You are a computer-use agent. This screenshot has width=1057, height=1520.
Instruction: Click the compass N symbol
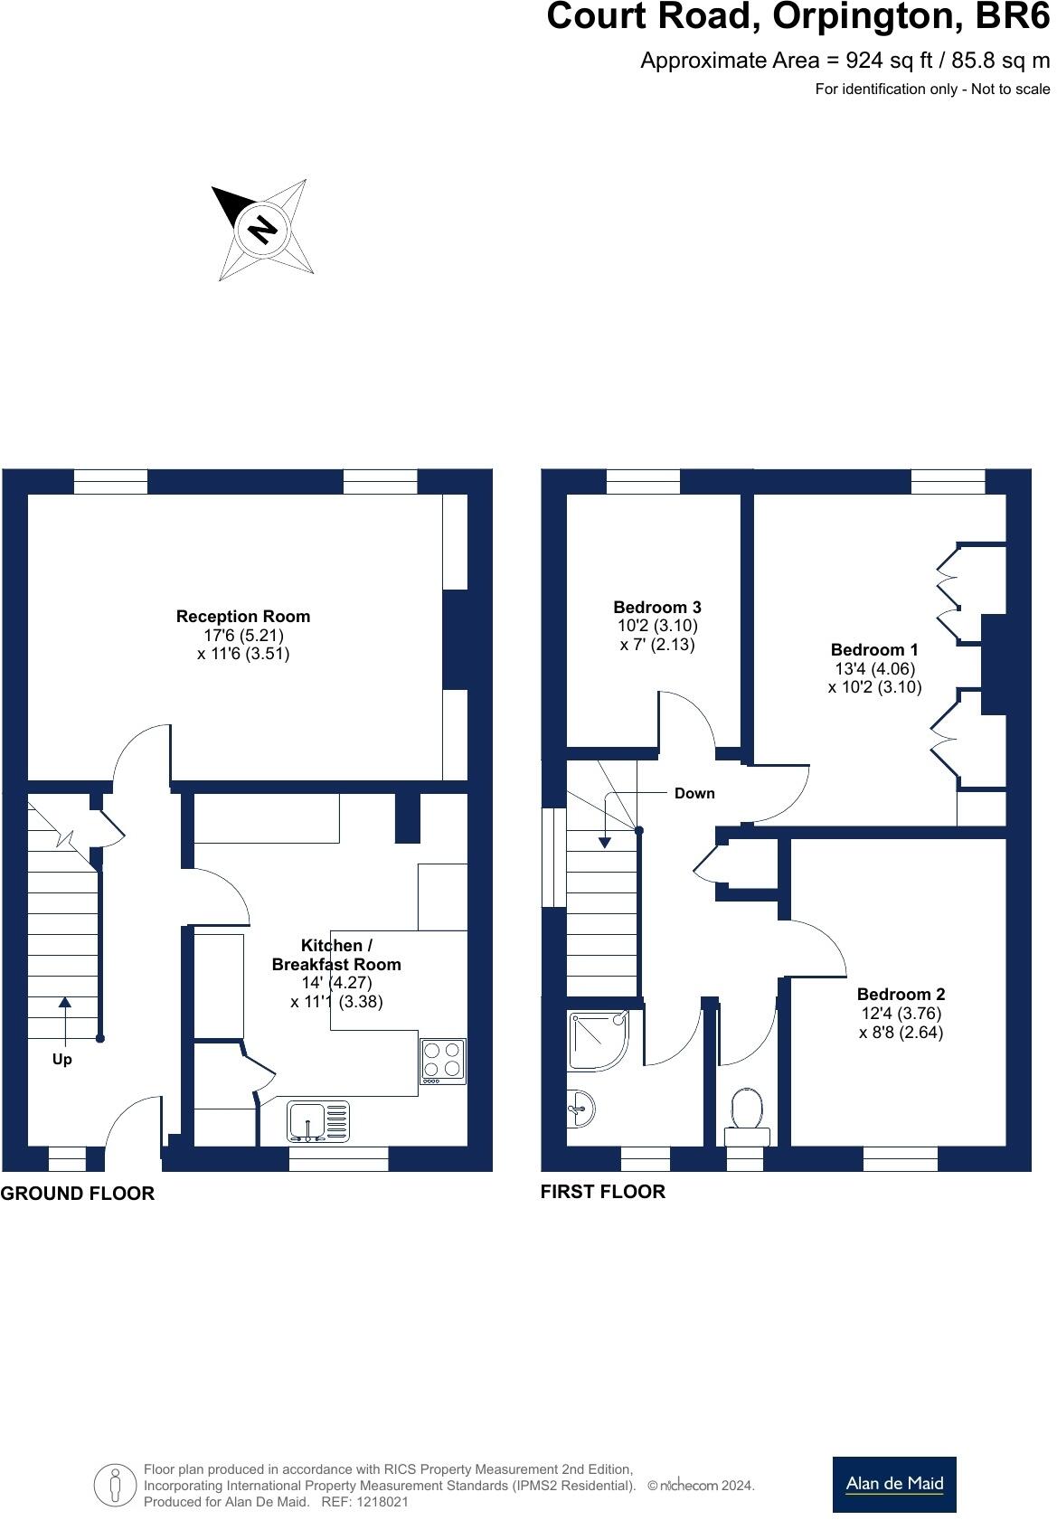[262, 230]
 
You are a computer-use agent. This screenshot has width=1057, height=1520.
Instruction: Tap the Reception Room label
[242, 617]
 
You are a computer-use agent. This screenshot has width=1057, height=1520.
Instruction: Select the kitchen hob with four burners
[443, 1062]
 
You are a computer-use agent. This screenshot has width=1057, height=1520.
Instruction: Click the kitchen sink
[318, 1122]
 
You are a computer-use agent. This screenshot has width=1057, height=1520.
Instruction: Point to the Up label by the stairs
[61, 1060]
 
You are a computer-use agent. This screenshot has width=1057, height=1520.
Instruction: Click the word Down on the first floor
[694, 794]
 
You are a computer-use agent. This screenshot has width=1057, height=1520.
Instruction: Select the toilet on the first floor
[747, 1118]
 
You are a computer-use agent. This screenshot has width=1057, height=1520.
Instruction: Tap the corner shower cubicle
[598, 1041]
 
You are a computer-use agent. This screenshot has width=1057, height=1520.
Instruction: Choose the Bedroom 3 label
[657, 608]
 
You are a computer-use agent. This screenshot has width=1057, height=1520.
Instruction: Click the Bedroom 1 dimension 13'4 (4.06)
[874, 669]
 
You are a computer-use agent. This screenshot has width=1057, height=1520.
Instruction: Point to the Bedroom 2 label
[901, 995]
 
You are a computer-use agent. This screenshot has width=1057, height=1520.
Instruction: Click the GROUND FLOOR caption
[78, 1194]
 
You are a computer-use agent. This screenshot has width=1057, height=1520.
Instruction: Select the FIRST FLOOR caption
[602, 1192]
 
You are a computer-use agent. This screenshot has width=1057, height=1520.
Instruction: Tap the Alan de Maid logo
[893, 1484]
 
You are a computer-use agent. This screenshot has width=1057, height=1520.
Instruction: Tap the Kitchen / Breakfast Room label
[336, 955]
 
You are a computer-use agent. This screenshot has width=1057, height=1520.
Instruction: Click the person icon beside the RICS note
[115, 1486]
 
